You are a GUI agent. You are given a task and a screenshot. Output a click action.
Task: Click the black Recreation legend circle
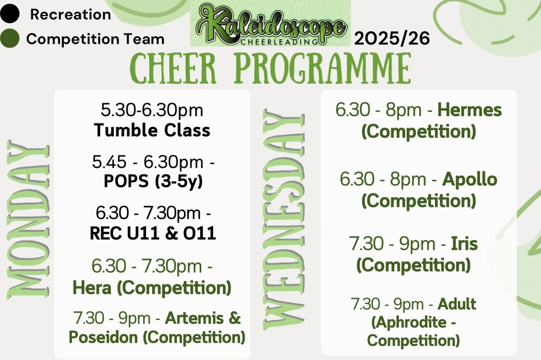point(10,14)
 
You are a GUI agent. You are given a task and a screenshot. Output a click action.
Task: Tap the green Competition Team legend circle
point(10,38)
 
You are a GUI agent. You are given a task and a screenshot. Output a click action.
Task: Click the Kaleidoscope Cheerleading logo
point(270,25)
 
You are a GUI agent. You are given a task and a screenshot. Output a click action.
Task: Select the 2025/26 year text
point(392,38)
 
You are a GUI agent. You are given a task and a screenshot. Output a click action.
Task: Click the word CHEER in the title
point(173,68)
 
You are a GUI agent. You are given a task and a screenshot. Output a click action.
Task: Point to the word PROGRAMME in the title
point(322,68)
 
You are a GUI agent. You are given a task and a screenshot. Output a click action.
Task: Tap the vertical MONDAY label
point(28,219)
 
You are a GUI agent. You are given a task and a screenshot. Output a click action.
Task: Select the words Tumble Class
point(152,130)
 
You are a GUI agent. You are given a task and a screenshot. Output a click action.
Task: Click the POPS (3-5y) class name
point(153,182)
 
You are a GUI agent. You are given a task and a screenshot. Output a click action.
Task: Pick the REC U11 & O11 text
point(153,234)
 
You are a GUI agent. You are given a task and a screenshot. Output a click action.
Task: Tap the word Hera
point(92,288)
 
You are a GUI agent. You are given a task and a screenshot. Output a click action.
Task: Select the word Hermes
point(470,110)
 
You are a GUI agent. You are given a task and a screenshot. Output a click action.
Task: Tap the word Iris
point(464,244)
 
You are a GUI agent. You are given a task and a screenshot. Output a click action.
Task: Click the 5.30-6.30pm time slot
point(152,110)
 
